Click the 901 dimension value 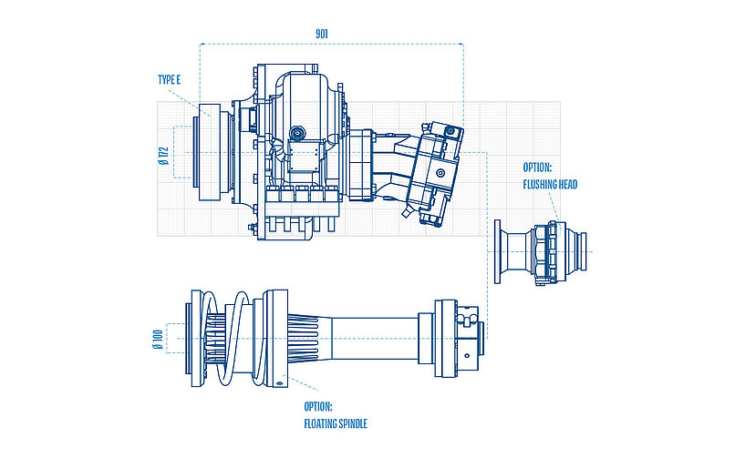point(321,33)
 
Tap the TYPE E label point(170,80)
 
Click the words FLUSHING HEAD point(550,184)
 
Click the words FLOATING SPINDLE point(335,422)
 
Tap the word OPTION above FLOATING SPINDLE point(318,406)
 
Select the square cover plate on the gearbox point(300,158)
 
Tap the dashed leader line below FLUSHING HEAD point(555,205)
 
